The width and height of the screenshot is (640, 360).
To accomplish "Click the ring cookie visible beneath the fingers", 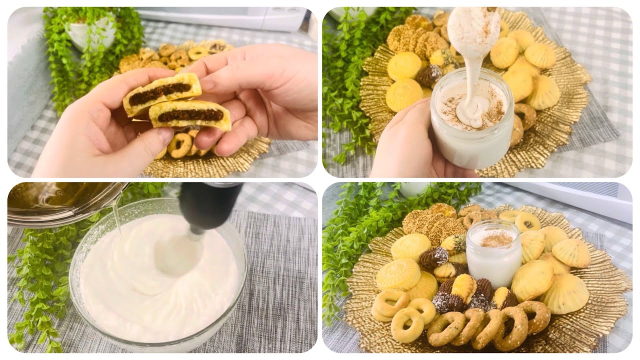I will tap(180, 145).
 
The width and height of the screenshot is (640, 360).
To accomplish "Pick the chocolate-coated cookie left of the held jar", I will tap(429, 75).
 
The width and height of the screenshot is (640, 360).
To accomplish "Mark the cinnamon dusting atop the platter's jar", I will tap(495, 239).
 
